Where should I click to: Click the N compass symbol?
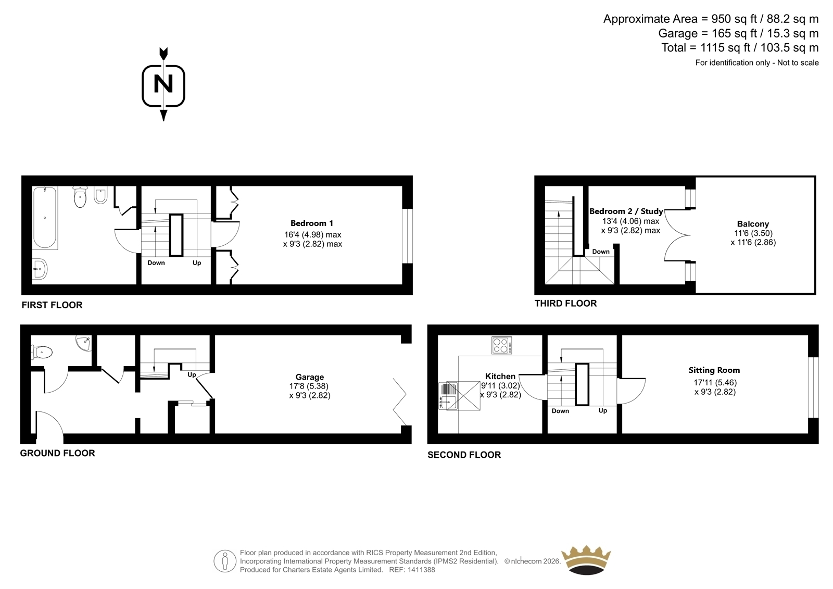[x=163, y=84]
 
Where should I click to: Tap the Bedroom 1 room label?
[x=312, y=223]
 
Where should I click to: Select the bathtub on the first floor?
[x=45, y=218]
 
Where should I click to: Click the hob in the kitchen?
[x=502, y=345]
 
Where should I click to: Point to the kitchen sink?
[x=448, y=395]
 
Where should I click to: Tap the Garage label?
[x=309, y=377]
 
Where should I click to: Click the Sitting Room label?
[x=714, y=370]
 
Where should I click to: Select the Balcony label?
[x=753, y=224]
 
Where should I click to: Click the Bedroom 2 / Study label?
[x=626, y=211]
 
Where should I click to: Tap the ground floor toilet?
[x=42, y=352]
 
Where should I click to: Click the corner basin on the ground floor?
[x=84, y=343]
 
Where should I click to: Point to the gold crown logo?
[x=586, y=560]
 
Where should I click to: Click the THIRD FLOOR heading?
[x=565, y=304]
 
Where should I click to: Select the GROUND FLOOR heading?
[x=58, y=453]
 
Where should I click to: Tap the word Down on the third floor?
[x=601, y=252]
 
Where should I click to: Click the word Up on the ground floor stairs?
[x=192, y=374]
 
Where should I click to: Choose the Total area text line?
[x=740, y=48]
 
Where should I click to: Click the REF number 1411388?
[x=421, y=570]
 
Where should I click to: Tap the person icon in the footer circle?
[x=224, y=561]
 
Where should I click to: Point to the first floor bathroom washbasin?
[x=40, y=269]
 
